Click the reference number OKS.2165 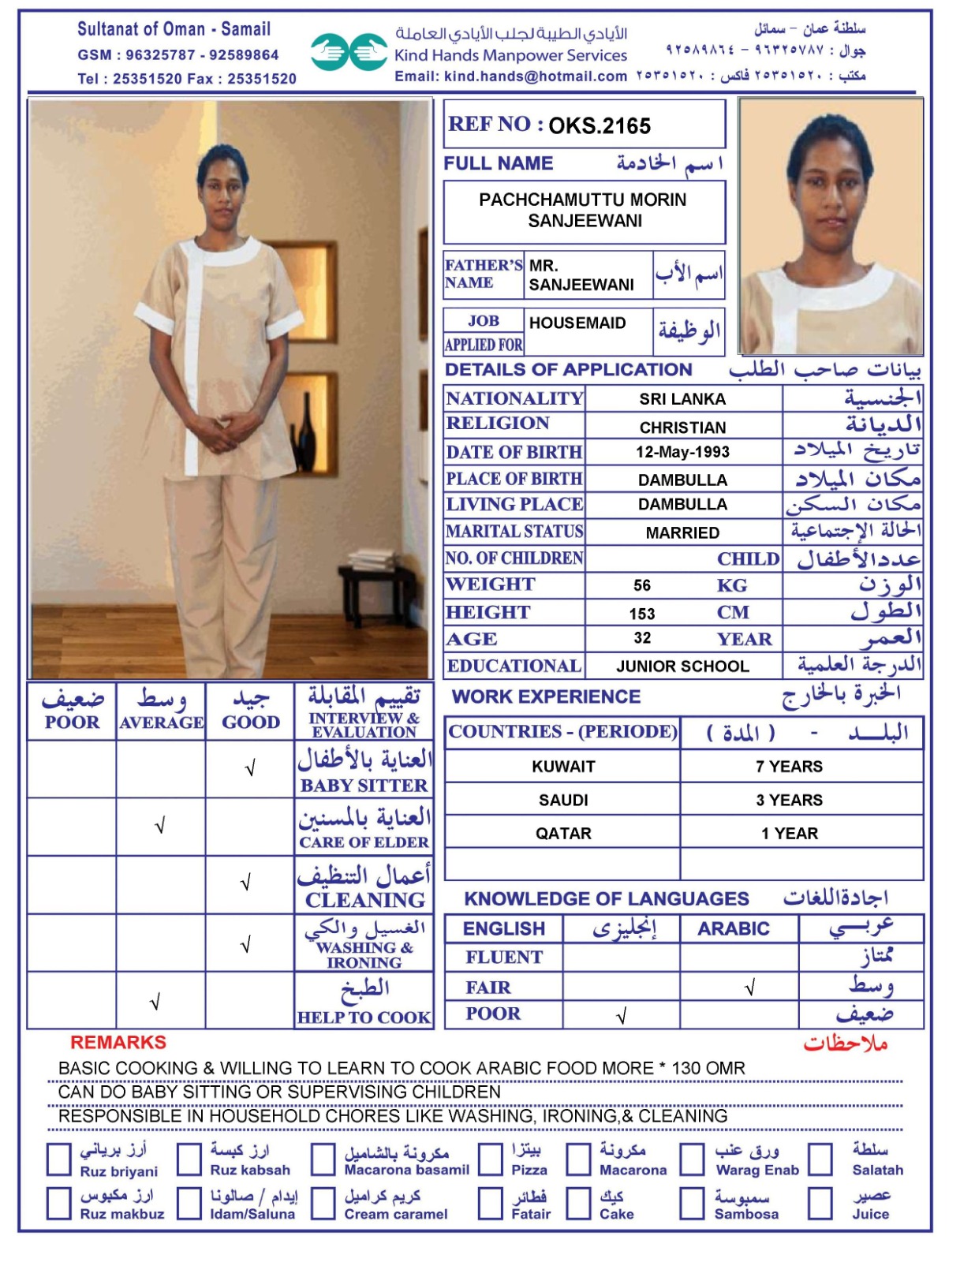tap(600, 126)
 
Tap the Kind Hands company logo tap(348, 52)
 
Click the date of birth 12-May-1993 tap(682, 452)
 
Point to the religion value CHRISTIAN tap(682, 428)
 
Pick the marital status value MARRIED tap(682, 532)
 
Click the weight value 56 tap(642, 585)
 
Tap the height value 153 tap(642, 614)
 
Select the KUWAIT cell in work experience tap(563, 766)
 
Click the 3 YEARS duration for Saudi tap(789, 800)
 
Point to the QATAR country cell tap(563, 833)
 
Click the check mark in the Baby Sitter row tap(250, 768)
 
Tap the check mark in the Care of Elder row tap(160, 826)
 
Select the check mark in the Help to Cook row tap(155, 1002)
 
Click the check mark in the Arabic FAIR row tap(749, 987)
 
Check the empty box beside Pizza tap(491, 1159)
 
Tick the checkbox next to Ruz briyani tap(59, 1159)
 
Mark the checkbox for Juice tap(820, 1204)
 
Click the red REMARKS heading tap(118, 1043)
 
